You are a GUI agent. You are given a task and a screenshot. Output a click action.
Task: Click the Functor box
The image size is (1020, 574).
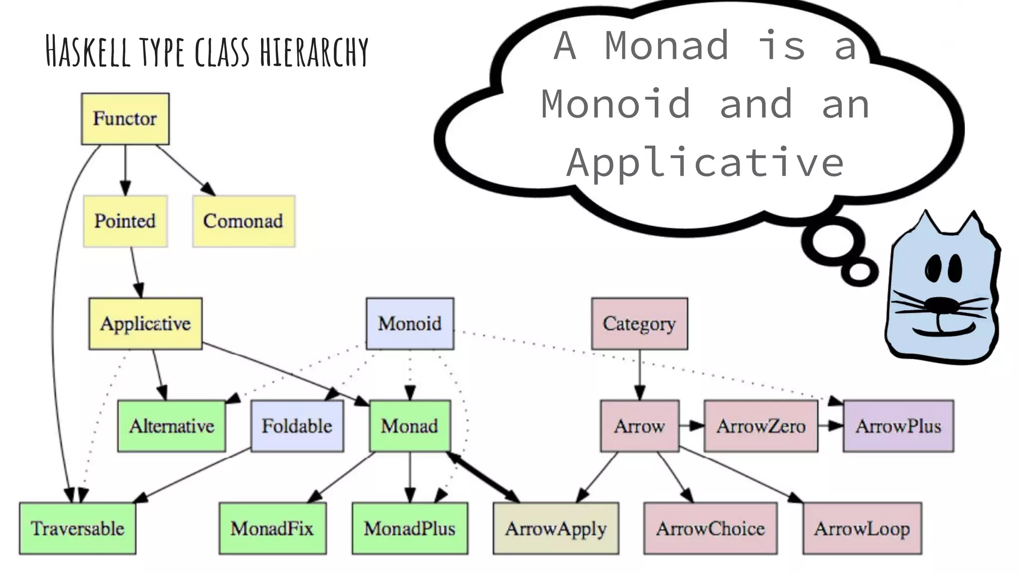125,119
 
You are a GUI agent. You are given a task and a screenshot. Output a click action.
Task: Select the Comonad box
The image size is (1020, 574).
244,221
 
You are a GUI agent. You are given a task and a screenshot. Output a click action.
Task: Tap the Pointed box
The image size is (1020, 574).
125,221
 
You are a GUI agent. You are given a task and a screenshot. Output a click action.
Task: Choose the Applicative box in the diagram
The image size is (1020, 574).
145,324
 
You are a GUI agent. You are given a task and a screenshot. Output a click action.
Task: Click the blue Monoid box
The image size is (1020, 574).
409,324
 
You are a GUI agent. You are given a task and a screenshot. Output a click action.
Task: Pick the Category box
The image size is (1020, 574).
639,324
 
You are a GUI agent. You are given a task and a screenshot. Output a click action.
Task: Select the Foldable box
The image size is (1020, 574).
297,426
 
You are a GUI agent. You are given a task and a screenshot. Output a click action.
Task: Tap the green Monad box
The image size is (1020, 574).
409,426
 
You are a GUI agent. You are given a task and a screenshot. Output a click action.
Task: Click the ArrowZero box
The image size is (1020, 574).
761,426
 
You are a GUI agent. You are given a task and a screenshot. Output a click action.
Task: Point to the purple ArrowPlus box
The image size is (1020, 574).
898,426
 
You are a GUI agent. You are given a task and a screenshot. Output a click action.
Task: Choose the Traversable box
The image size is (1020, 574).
77,528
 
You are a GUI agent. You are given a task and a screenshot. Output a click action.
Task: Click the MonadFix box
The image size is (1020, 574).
272,528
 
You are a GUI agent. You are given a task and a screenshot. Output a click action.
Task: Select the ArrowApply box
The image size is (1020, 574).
556,528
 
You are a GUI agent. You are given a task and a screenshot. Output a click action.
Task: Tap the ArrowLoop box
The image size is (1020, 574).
862,528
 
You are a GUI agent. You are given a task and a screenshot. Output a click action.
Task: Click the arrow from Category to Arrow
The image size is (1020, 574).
640,374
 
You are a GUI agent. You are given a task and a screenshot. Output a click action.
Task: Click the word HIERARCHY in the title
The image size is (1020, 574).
314,52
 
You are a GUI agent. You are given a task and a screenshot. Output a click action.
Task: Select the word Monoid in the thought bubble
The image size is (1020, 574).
616,104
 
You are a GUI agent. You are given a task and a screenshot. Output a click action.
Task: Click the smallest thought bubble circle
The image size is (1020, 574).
860,272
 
